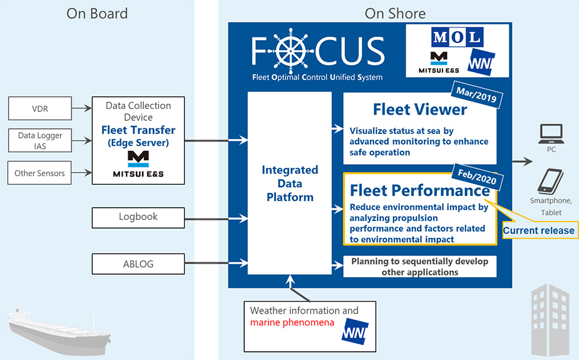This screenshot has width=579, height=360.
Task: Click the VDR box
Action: point(40,108)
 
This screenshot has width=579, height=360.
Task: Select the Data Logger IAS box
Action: point(40,140)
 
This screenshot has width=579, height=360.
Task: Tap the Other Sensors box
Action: point(39,172)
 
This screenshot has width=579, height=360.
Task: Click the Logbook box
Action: point(138,217)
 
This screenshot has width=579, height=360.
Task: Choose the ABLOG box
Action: point(138,264)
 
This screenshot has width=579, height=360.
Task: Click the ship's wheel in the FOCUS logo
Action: point(290,51)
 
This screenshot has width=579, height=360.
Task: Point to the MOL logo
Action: point(457,37)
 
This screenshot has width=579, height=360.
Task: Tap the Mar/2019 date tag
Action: point(476,95)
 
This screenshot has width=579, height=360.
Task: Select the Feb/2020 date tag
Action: point(477,177)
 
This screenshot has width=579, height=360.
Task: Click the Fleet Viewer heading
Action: point(420,110)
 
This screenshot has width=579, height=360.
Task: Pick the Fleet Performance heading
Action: point(420,190)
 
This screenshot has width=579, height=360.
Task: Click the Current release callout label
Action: point(539,230)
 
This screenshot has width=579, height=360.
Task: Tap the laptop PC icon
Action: point(551,133)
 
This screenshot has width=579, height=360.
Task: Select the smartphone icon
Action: point(550,181)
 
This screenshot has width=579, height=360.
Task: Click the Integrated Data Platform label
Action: point(290,183)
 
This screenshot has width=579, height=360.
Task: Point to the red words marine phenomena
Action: point(292,322)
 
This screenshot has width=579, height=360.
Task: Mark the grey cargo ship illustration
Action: point(59,331)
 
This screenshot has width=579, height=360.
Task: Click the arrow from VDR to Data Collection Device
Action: point(81,108)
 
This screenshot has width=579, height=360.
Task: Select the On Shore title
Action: point(395,14)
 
